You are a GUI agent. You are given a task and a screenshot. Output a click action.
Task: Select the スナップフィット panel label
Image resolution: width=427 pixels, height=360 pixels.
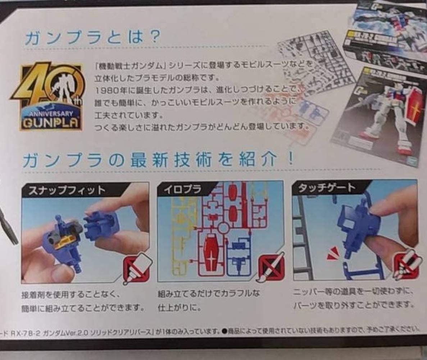tap(65, 190)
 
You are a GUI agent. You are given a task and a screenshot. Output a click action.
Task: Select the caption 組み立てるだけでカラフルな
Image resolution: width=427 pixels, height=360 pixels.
tap(209, 293)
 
